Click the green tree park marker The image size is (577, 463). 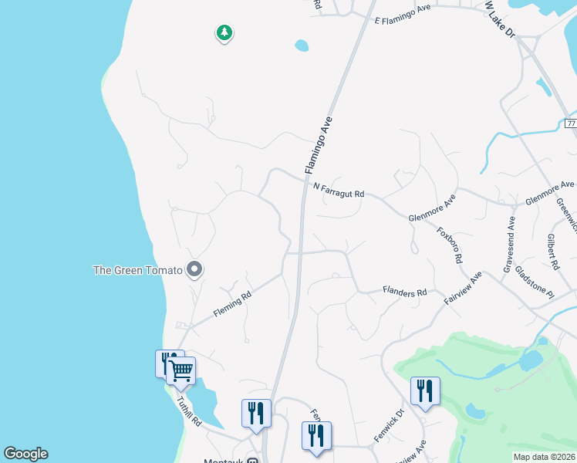click(224, 33)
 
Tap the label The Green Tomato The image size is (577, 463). click(137, 269)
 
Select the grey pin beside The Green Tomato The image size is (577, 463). click(194, 269)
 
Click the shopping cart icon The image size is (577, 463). click(181, 370)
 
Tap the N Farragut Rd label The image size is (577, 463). click(339, 190)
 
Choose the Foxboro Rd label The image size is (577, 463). click(448, 245)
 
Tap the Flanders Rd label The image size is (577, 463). click(405, 292)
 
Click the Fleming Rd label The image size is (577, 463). click(232, 305)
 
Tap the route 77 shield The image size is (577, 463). click(570, 123)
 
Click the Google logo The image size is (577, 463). click(25, 454)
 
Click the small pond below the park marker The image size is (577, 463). click(302, 46)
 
